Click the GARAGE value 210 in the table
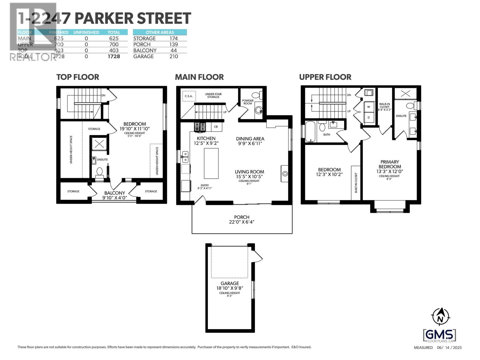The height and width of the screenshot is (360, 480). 173,56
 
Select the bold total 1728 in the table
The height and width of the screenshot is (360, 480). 114,56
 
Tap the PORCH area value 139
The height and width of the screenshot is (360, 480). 173,44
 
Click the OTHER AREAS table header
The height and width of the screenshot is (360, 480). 160,32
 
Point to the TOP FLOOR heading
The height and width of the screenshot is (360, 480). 78,77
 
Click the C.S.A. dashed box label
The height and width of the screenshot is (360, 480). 189,96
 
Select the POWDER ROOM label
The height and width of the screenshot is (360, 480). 248,102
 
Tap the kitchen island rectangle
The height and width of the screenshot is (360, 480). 211,163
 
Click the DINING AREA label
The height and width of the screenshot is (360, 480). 250,139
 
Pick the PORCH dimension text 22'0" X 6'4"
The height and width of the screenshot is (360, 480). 241,222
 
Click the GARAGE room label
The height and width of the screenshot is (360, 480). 230,283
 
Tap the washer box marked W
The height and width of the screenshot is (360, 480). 369,107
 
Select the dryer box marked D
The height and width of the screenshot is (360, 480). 369,117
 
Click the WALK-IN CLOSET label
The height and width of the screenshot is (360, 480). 384,105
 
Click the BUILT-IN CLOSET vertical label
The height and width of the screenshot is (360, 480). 356,182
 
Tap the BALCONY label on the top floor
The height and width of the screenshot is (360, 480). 115,193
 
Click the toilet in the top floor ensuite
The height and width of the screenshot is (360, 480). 99,172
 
